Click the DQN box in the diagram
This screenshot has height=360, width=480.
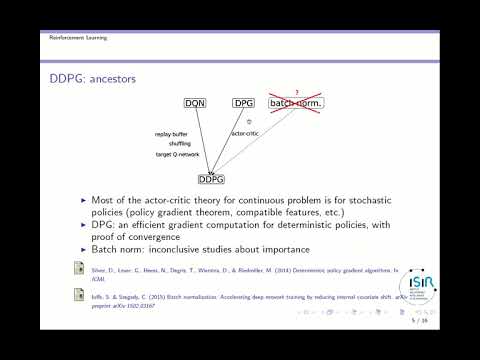(195, 103)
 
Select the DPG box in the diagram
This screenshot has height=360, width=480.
(244, 103)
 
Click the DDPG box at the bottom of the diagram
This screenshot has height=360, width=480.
(211, 180)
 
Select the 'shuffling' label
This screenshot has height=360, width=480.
(180, 143)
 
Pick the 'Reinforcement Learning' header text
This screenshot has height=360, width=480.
(78, 37)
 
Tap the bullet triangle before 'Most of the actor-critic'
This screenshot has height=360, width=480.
(85, 201)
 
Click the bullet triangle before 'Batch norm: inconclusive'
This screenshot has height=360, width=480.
(85, 248)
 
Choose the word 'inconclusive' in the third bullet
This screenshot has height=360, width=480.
(186, 248)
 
